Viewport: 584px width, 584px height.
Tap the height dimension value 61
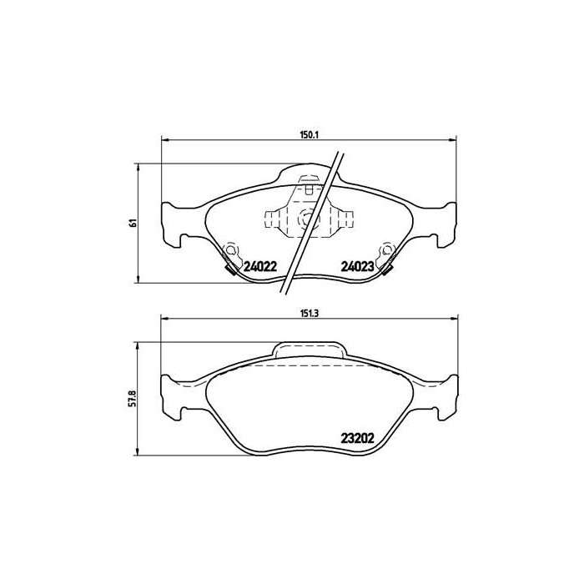[132, 223]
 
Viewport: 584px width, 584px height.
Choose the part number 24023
[356, 267]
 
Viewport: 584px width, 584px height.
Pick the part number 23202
[356, 435]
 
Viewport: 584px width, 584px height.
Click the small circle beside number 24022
[231, 249]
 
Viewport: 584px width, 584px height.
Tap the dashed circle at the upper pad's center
[307, 219]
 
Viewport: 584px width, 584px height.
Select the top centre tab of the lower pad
[309, 350]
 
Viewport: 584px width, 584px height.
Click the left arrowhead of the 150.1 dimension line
[163, 139]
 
